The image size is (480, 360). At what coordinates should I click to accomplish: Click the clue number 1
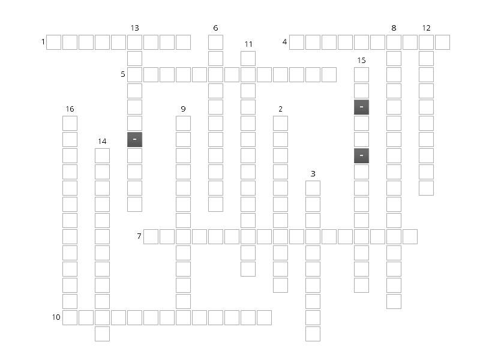pyautogui.click(x=43, y=42)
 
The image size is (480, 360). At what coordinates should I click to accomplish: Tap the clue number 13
pyautogui.click(x=134, y=28)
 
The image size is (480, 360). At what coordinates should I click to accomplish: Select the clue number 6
pyautogui.click(x=215, y=28)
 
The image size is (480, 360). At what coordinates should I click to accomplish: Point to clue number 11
pyautogui.click(x=248, y=44)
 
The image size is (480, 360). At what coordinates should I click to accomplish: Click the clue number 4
pyautogui.click(x=284, y=42)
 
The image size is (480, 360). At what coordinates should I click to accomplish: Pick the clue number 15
pyautogui.click(x=361, y=61)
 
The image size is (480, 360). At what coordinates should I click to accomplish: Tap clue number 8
pyautogui.click(x=394, y=28)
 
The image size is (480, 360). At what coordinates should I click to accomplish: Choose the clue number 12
pyautogui.click(x=426, y=28)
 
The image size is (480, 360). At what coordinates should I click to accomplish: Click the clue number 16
pyautogui.click(x=70, y=109)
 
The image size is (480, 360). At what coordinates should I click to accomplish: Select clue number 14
pyautogui.click(x=102, y=142)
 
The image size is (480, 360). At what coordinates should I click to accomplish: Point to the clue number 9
pyautogui.click(x=183, y=109)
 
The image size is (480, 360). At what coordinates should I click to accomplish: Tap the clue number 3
pyautogui.click(x=313, y=174)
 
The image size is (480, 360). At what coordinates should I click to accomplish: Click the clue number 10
pyautogui.click(x=56, y=317)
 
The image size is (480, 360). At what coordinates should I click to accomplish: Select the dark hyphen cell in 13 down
pyautogui.click(x=134, y=139)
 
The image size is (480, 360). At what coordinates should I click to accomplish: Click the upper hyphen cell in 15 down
pyautogui.click(x=361, y=107)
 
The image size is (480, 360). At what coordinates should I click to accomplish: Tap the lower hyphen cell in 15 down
pyautogui.click(x=361, y=155)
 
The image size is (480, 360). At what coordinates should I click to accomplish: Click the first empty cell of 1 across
pyautogui.click(x=53, y=42)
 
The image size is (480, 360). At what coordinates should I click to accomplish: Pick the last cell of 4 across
pyautogui.click(x=442, y=42)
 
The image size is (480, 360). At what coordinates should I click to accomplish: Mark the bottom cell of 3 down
pyautogui.click(x=313, y=334)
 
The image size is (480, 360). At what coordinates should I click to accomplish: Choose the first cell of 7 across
pyautogui.click(x=151, y=236)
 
